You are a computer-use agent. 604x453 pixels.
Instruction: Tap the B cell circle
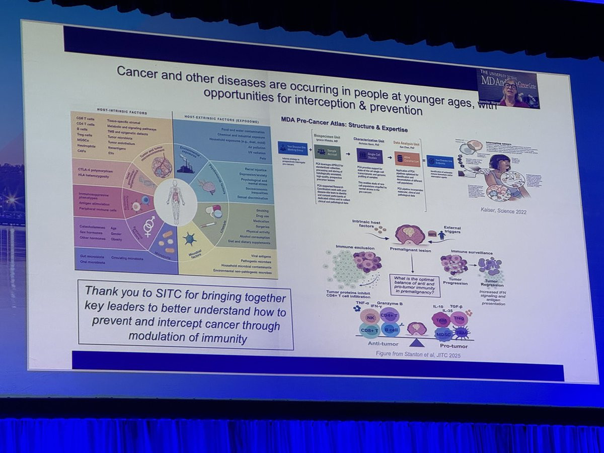391,330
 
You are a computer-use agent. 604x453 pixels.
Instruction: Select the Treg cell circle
459,318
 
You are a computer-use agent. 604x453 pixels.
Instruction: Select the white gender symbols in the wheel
149,226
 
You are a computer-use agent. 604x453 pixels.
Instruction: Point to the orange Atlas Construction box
406,159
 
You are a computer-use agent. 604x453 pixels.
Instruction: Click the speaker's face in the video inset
509,86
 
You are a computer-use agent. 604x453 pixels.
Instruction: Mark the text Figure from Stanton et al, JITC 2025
418,354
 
